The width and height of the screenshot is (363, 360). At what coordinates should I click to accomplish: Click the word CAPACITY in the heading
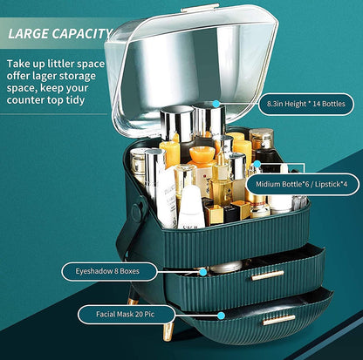(x=82, y=33)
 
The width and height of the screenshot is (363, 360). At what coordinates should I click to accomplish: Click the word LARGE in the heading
(x=28, y=33)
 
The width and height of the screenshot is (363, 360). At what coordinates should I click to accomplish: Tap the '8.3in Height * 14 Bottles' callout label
(x=306, y=104)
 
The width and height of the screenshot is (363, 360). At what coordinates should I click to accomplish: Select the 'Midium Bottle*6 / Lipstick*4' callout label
(x=302, y=184)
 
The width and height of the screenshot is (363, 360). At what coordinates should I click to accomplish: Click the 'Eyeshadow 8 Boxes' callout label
(x=109, y=271)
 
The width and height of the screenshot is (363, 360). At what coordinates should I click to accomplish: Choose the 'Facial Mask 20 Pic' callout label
(x=126, y=315)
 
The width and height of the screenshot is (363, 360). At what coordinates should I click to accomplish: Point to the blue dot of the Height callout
(x=216, y=104)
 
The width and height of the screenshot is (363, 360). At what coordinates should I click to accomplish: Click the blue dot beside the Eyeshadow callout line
(x=203, y=272)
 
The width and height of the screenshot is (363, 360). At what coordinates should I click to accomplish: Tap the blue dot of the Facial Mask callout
(x=221, y=316)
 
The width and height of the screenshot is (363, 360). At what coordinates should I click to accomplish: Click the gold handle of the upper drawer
(x=268, y=275)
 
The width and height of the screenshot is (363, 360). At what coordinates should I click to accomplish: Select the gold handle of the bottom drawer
(x=279, y=320)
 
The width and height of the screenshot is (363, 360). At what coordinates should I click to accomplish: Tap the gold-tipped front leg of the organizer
(x=168, y=331)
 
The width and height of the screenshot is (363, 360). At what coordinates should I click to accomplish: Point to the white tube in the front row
(x=191, y=207)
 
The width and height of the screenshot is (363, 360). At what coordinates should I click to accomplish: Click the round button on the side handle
(x=137, y=209)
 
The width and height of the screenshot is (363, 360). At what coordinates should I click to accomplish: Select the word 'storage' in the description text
(x=77, y=76)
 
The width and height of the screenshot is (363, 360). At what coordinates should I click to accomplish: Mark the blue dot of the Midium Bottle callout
(x=257, y=164)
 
